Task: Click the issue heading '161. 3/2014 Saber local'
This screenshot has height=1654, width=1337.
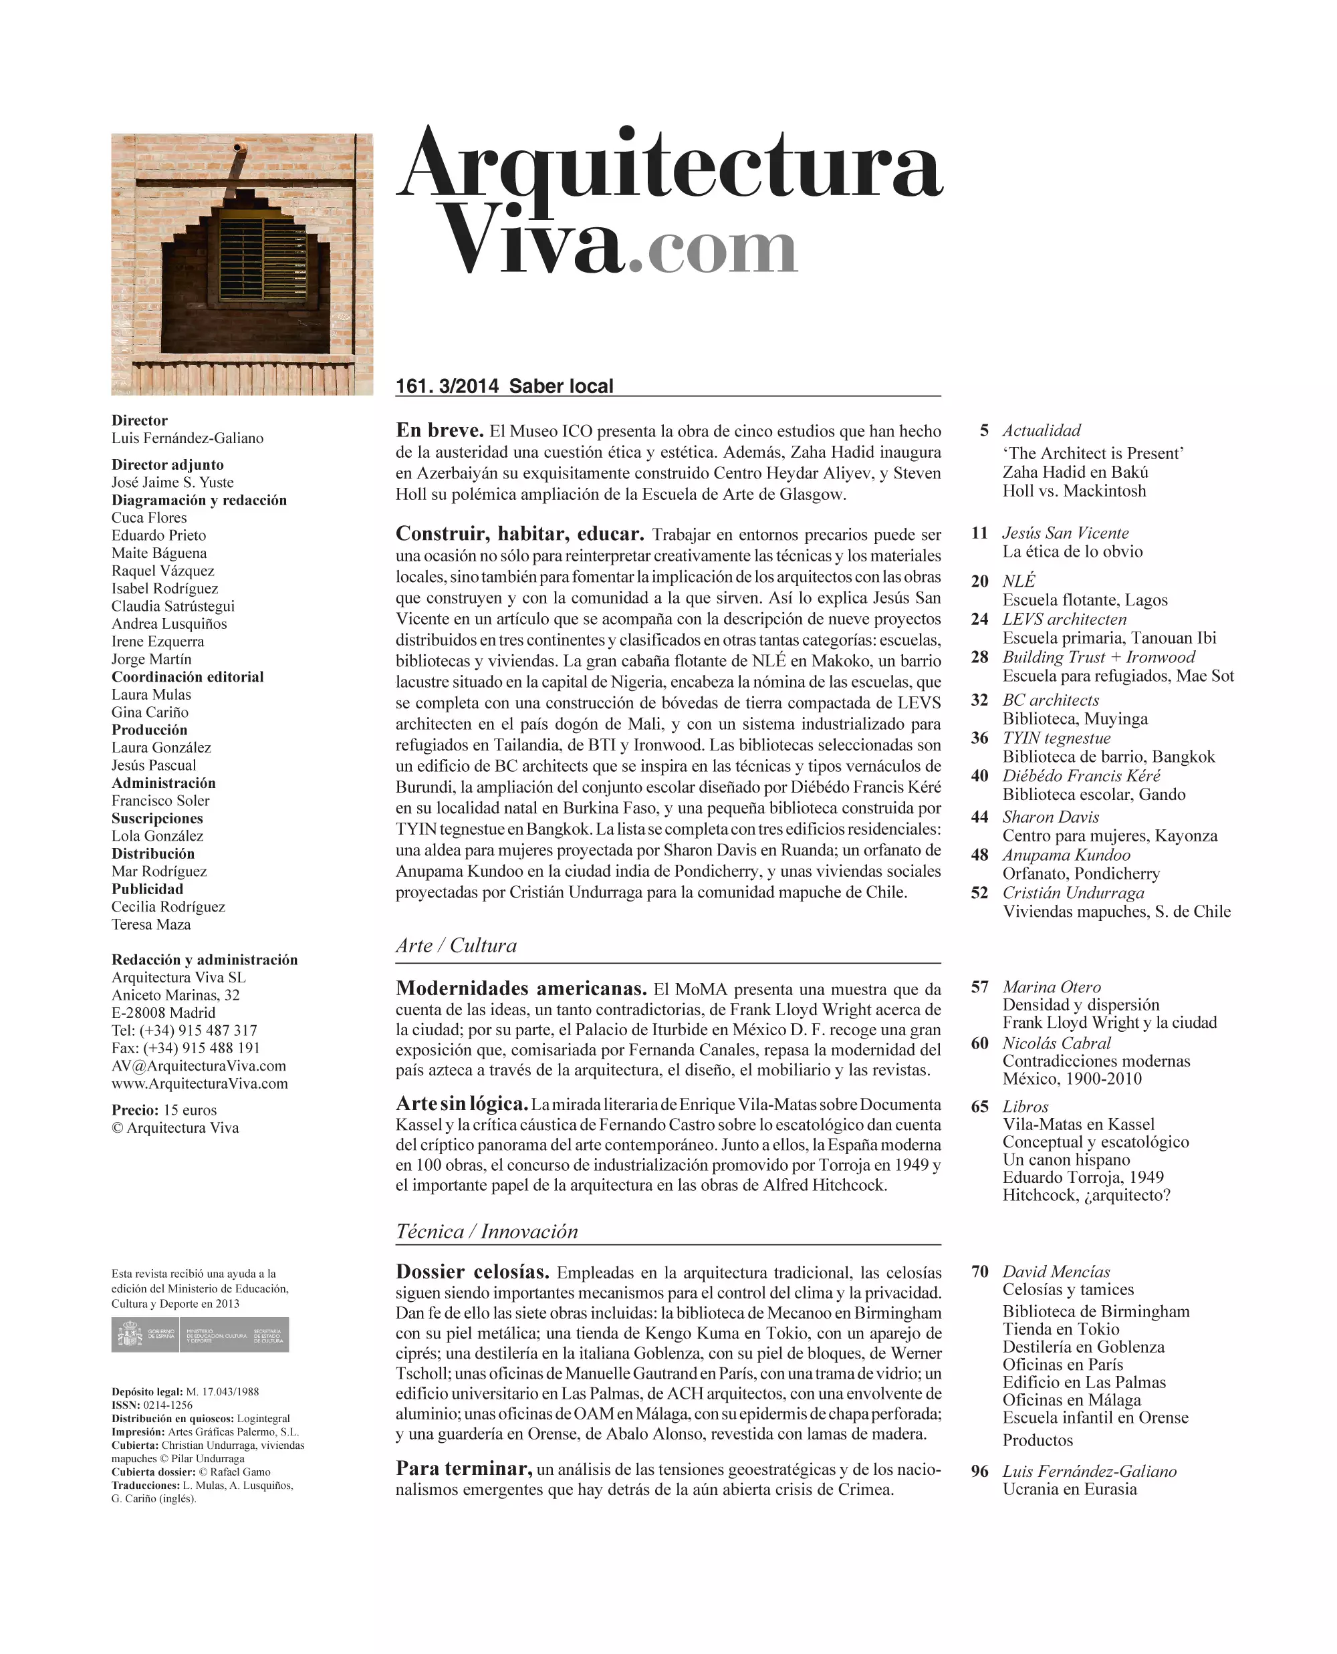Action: point(505,386)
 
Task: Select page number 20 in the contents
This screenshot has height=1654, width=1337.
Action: point(979,581)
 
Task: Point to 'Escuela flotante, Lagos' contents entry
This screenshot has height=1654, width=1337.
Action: point(1084,600)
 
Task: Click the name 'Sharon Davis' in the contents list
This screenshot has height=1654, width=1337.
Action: point(1050,817)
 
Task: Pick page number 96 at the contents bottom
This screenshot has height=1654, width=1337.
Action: point(979,1472)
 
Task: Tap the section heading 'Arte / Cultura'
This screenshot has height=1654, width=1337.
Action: point(456,946)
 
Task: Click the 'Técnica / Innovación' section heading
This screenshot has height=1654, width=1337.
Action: point(487,1231)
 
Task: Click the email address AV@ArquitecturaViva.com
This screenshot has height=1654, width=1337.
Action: point(199,1067)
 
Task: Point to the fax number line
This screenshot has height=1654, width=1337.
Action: point(186,1049)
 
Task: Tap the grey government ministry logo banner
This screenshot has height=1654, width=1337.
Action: point(201,1335)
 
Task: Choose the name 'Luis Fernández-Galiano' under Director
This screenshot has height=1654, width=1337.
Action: point(187,438)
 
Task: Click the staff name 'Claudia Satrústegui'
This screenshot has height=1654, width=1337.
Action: point(172,606)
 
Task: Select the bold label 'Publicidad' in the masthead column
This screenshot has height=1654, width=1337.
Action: point(147,889)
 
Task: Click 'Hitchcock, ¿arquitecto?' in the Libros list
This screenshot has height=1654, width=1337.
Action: point(1086,1196)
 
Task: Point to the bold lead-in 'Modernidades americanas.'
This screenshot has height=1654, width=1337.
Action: point(521,988)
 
